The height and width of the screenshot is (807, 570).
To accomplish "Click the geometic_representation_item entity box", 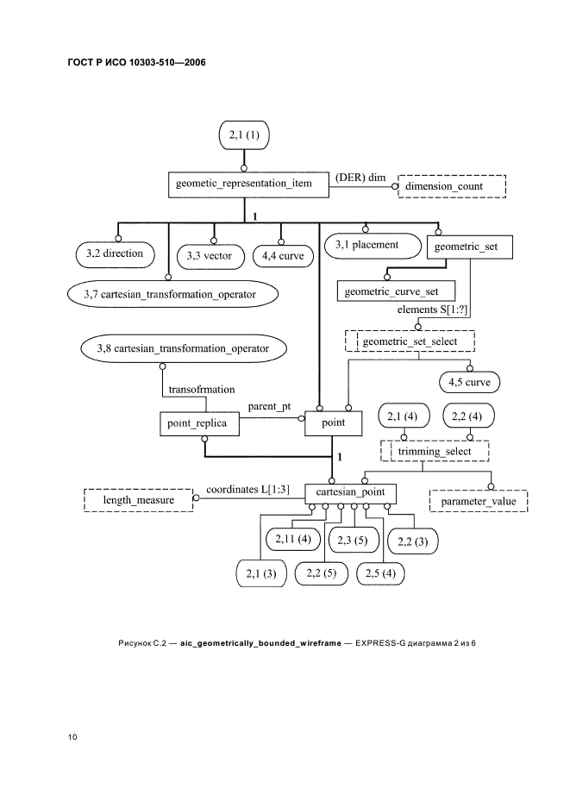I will tap(245, 185).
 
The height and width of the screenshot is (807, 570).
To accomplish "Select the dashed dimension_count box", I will tap(451, 185).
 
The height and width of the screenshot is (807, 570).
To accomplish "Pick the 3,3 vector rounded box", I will tap(210, 256).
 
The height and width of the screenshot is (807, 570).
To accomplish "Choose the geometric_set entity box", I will tap(469, 247).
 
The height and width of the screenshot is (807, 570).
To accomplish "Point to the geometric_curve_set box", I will tap(385, 291).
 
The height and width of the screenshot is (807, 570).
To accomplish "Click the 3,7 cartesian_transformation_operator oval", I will tap(175, 295).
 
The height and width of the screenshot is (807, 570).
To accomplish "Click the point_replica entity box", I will tap(199, 423).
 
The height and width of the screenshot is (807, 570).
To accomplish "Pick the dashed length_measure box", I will tap(139, 499).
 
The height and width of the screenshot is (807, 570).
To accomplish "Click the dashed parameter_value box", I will tap(479, 500).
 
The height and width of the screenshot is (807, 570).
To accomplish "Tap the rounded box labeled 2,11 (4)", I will tap(293, 539).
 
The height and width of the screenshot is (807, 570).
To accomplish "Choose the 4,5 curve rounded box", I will tap(470, 381).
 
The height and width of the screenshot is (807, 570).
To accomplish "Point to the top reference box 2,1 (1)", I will tap(245, 135).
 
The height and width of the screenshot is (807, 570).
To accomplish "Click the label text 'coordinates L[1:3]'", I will tap(247, 490).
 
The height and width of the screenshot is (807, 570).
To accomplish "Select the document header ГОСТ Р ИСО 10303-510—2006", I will tap(137, 63).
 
